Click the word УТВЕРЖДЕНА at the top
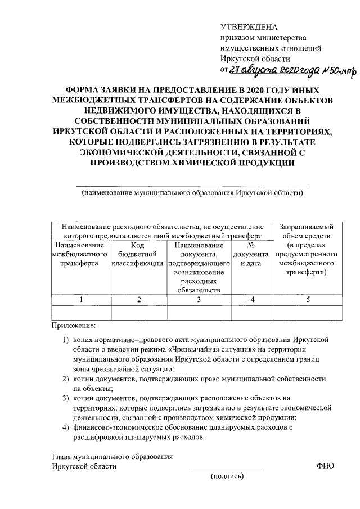coord(249,26)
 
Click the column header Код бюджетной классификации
coord(139,255)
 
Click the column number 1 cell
coord(81,300)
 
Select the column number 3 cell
coord(199,300)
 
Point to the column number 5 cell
coord(308,300)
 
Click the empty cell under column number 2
coord(139,312)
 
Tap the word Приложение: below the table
coord(74,326)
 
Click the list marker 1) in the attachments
coord(66,340)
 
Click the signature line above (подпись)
coord(227,469)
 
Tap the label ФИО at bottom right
coord(325,466)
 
